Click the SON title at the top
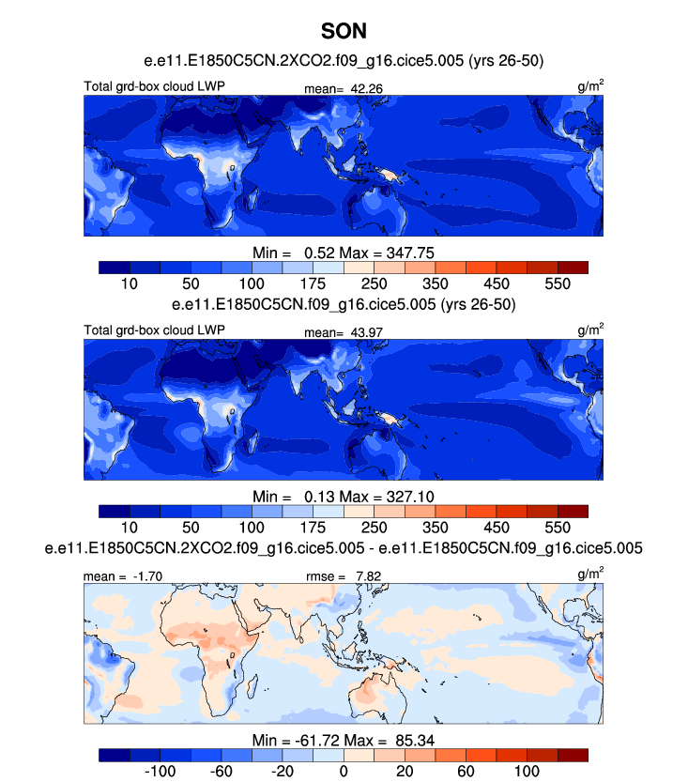[344, 31]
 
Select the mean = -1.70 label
[116, 575]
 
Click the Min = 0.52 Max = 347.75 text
[344, 253]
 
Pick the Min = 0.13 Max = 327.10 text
[344, 496]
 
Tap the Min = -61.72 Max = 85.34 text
[344, 740]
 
